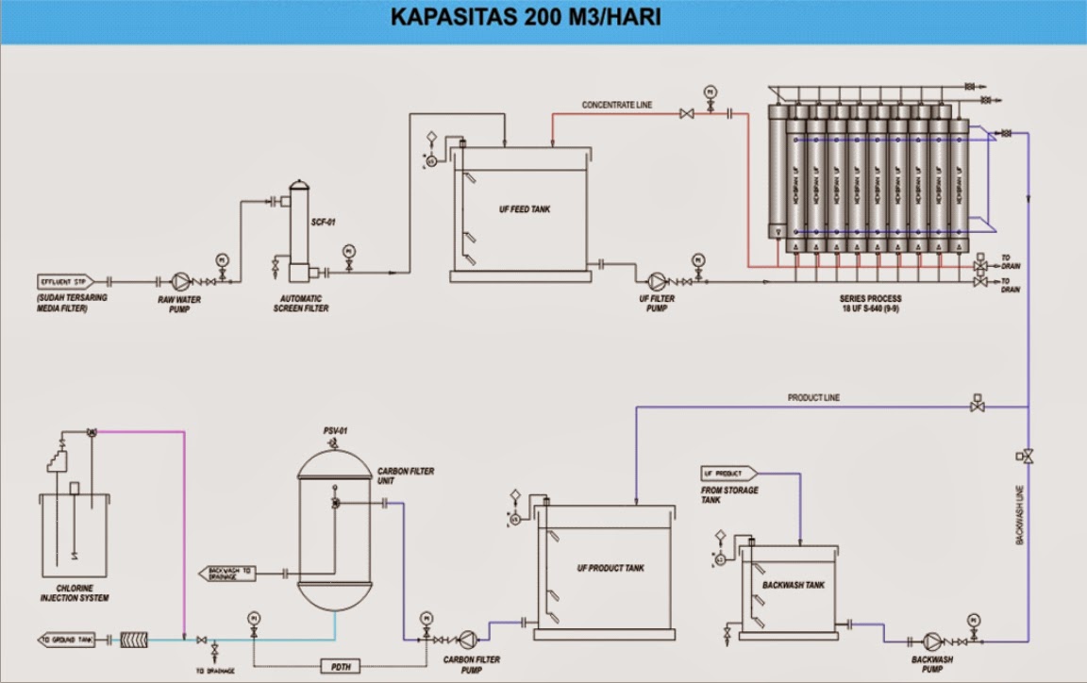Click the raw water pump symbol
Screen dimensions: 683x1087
click(178, 281)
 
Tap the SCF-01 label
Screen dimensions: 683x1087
click(324, 223)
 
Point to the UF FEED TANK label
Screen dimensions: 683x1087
click(525, 209)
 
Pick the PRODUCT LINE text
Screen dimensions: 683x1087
click(813, 398)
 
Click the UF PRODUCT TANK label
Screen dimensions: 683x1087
click(610, 568)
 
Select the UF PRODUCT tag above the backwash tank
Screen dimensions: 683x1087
click(724, 473)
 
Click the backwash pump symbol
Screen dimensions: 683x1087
click(932, 639)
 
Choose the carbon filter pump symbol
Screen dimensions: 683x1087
click(463, 639)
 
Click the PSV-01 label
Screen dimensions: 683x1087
click(335, 431)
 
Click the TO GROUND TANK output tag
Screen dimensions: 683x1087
click(67, 640)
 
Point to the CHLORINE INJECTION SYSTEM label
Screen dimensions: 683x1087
click(75, 593)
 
